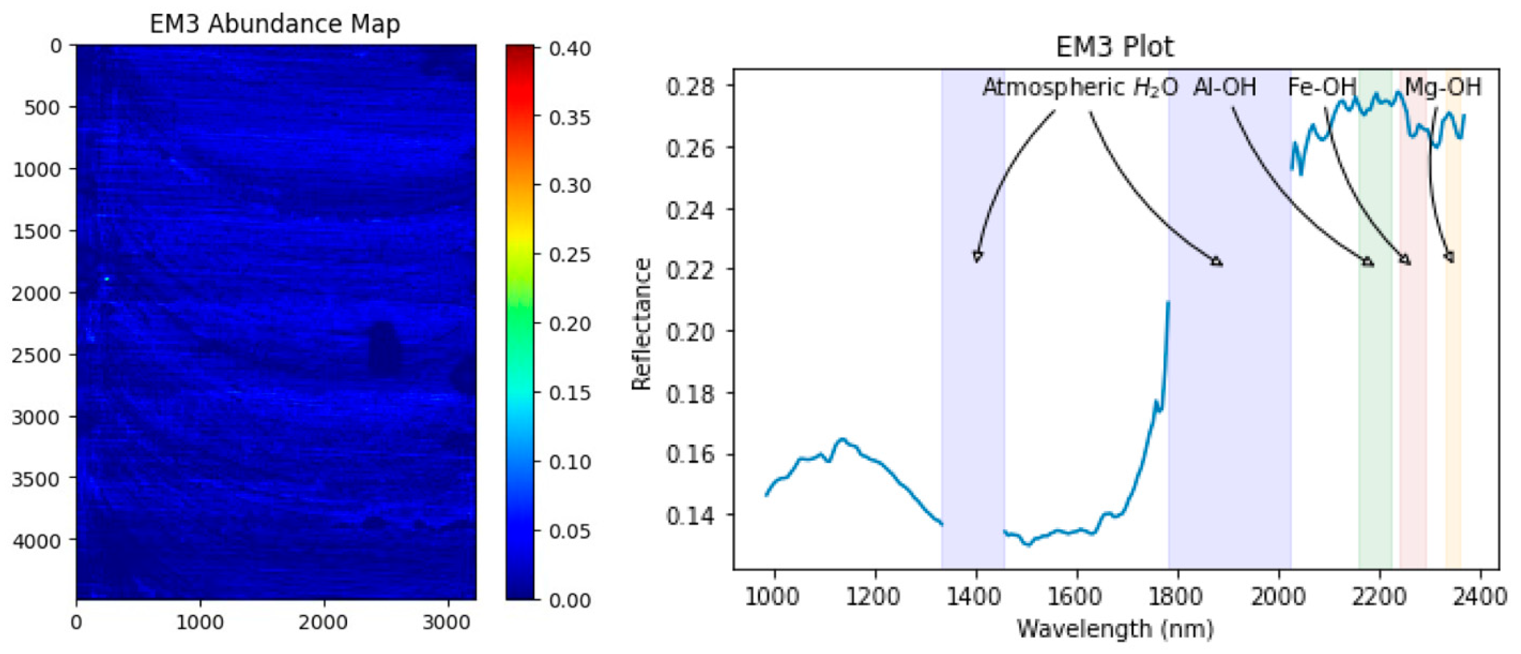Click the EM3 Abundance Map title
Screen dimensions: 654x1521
275,24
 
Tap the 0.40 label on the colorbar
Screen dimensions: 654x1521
570,48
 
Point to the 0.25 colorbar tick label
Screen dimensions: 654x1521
570,255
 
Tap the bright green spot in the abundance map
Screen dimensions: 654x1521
107,278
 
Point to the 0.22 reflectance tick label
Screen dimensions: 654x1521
690,270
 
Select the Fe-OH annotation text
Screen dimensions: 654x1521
1321,88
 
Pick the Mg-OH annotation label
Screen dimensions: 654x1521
1443,88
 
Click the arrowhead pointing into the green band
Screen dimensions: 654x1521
1368,262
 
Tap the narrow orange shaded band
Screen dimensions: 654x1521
1453,354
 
